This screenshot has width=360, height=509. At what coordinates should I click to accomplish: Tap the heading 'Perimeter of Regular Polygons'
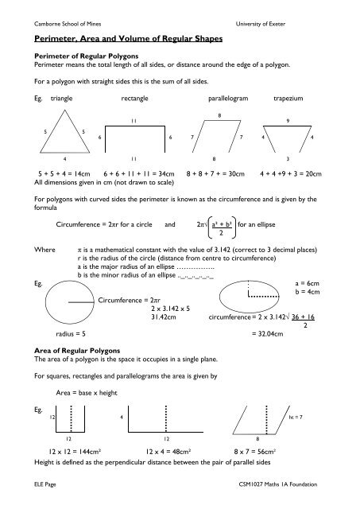[78, 56]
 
